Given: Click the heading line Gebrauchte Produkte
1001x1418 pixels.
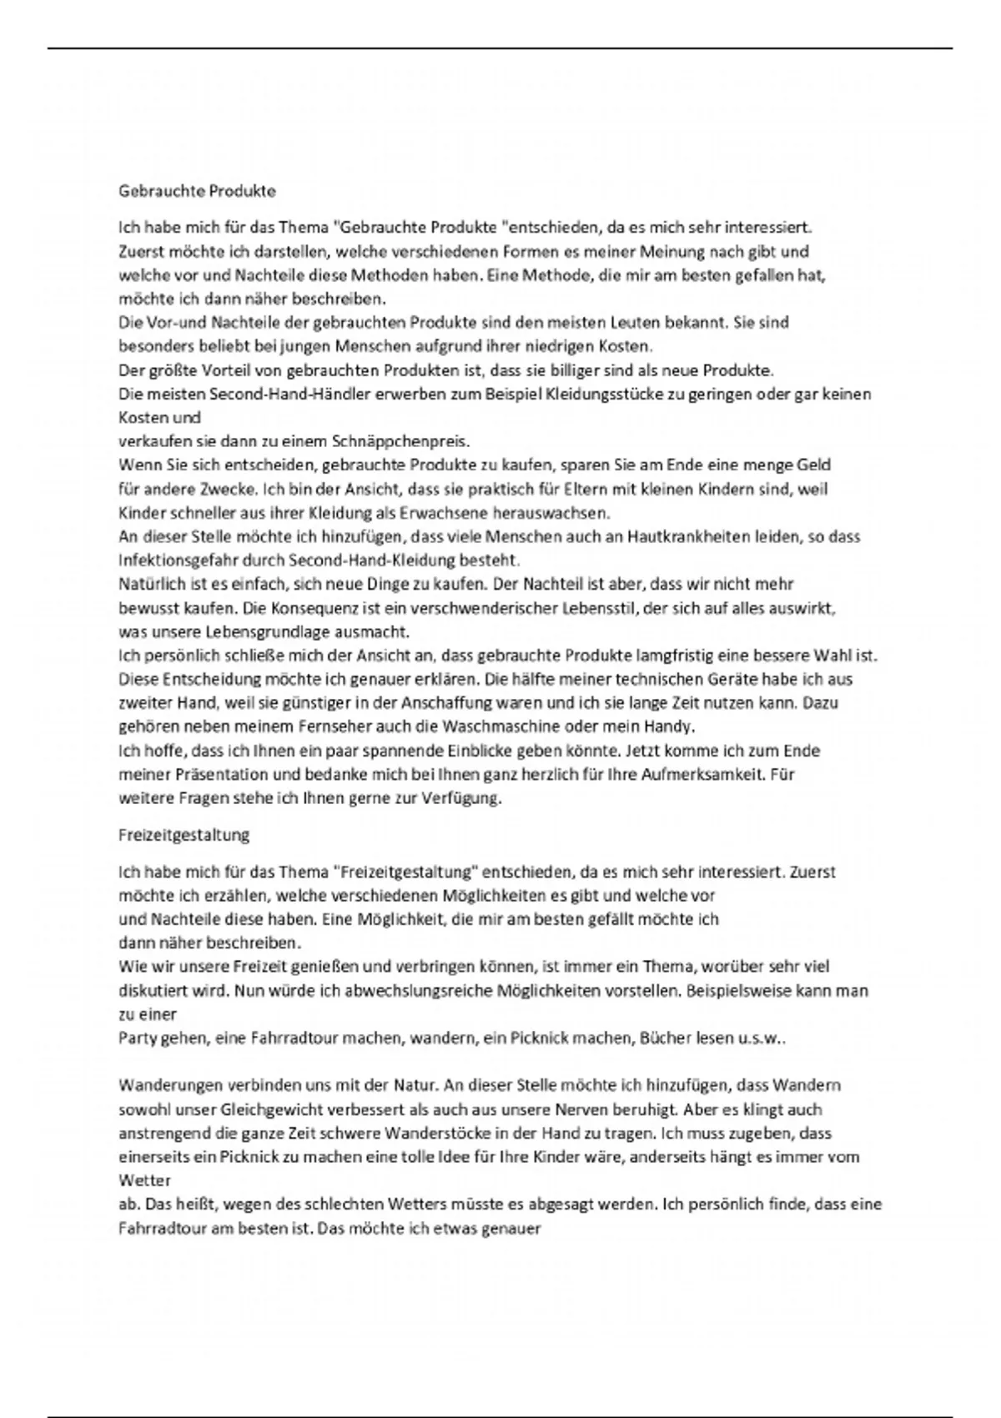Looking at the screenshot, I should click(x=197, y=191).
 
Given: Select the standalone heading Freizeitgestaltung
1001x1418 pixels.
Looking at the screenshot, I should click(x=184, y=834).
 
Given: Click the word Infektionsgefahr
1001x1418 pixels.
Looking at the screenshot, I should click(x=172, y=560).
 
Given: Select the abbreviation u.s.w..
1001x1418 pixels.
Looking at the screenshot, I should click(x=761, y=1038).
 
